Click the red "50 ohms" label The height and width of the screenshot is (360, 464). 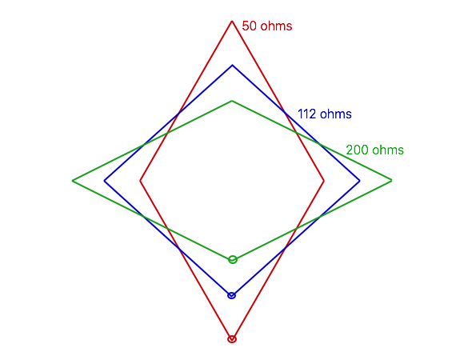pos(267,26)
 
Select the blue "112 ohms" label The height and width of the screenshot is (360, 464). pos(324,114)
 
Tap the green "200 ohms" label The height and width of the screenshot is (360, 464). pos(374,150)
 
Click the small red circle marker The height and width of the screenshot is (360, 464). pos(232,339)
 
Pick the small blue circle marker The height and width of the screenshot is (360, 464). pos(232,295)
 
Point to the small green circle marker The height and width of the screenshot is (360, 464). pos(233,260)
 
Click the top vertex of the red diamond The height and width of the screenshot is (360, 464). pos(232,22)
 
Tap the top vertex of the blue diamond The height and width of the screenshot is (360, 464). pos(232,65)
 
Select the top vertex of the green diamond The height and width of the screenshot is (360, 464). pos(232,101)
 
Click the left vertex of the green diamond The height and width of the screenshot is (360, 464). pos(73,181)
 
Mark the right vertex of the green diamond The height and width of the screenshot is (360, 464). pos(391,180)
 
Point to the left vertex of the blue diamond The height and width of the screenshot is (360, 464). pos(105,181)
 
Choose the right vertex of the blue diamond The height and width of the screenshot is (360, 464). pos(359,181)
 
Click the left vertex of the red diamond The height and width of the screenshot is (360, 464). pos(140,181)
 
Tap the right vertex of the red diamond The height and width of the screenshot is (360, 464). pos(324,181)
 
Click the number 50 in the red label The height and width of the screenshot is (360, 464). pos(249,26)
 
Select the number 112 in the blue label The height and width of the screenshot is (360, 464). pos(307,114)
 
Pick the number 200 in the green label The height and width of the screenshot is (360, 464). pos(357,150)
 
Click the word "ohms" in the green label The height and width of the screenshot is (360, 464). pos(388,150)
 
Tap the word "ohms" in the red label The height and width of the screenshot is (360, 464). pos(276,26)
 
